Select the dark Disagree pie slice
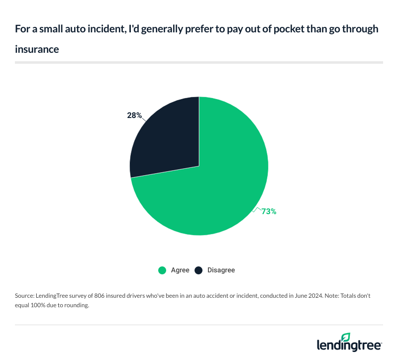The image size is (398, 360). pyautogui.click(x=167, y=134)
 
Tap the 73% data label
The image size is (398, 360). pyautogui.click(x=269, y=211)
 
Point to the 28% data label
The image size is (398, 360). pyautogui.click(x=134, y=116)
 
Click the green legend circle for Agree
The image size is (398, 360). pyautogui.click(x=162, y=270)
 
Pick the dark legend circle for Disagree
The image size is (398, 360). pyautogui.click(x=199, y=270)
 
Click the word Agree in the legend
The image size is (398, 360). pyautogui.click(x=180, y=270)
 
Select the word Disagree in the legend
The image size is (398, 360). pyautogui.click(x=221, y=270)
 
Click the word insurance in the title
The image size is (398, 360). pyautogui.click(x=37, y=50)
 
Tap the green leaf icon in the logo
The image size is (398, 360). pyautogui.click(x=346, y=337)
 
